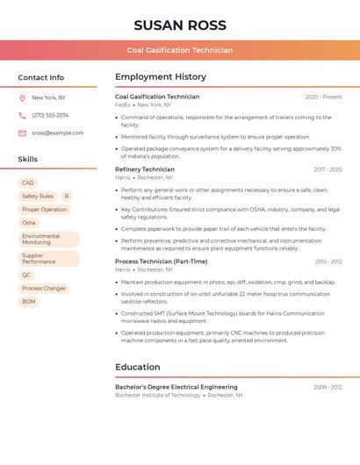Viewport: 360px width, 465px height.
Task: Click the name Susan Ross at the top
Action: (x=180, y=25)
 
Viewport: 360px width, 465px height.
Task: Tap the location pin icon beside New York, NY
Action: (x=22, y=97)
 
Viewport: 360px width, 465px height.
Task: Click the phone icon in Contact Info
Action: (x=22, y=115)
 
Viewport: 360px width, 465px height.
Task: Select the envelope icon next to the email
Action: (x=22, y=132)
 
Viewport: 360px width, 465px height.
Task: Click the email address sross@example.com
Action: (x=58, y=132)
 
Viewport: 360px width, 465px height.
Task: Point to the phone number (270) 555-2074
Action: (x=50, y=115)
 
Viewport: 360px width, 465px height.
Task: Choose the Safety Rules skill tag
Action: (x=38, y=197)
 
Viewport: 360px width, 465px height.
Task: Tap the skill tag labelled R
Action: (x=66, y=197)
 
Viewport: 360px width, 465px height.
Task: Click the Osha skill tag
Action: (x=29, y=223)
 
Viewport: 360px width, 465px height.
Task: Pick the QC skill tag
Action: (x=26, y=275)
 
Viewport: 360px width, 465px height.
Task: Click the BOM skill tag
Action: (x=29, y=301)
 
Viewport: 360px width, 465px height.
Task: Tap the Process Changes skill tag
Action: (x=44, y=288)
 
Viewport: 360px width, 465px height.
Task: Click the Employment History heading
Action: (x=161, y=77)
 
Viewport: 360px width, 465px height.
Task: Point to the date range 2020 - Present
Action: (x=323, y=97)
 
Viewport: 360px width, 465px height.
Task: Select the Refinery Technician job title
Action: (x=145, y=169)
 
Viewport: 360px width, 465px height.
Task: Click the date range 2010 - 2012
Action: (x=328, y=261)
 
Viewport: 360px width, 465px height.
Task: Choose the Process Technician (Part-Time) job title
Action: (x=162, y=261)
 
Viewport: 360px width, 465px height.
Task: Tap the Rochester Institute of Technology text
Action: (x=158, y=395)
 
